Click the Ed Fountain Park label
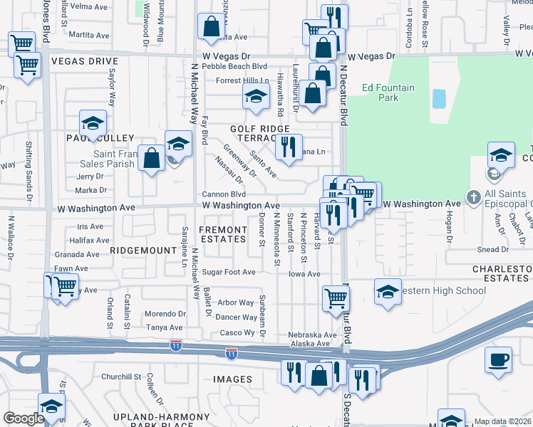(x=388, y=93)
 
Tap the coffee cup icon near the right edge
(x=498, y=359)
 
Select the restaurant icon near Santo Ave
(x=289, y=147)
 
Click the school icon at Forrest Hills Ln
(x=255, y=100)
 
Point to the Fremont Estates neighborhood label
(x=223, y=234)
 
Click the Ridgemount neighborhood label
(x=143, y=251)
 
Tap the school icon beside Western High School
(x=388, y=292)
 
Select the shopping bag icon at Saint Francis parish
(x=152, y=158)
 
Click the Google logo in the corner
(x=24, y=418)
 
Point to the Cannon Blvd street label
(x=224, y=194)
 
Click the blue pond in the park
(x=438, y=98)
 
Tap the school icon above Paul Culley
(x=93, y=124)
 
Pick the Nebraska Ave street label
(x=312, y=334)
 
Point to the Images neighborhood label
(x=232, y=379)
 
